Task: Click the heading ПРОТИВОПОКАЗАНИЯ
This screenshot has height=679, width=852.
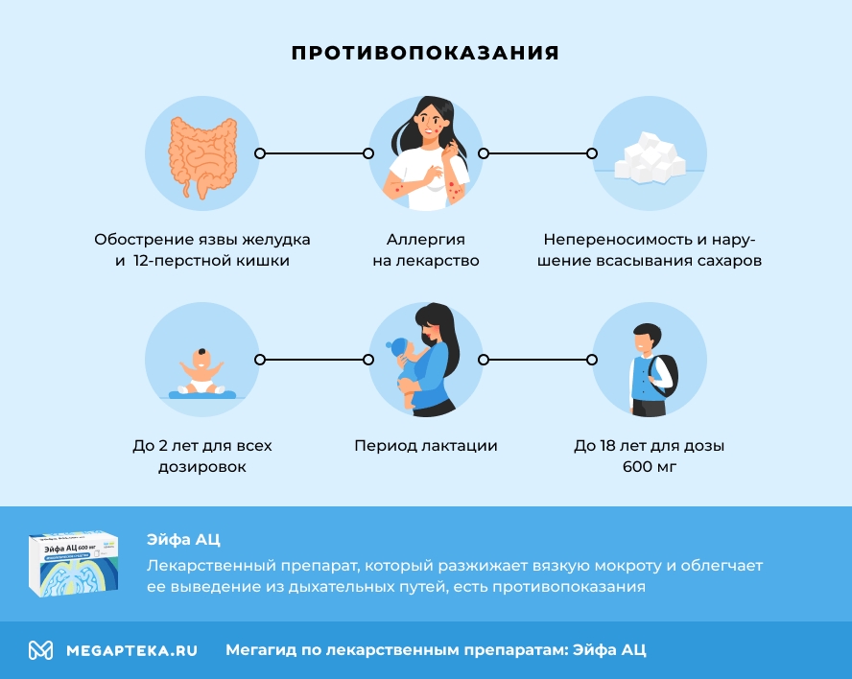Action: click(425, 53)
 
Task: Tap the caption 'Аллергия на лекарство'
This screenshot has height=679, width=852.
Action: click(425, 249)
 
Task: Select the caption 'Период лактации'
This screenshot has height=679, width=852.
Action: click(425, 446)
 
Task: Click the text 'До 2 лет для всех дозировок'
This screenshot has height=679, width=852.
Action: click(201, 457)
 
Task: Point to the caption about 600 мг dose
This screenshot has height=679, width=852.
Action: click(649, 457)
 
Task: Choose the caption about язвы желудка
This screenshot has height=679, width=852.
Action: click(201, 249)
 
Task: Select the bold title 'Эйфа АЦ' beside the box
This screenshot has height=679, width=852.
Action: click(183, 540)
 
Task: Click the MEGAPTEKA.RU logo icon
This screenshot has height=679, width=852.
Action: click(40, 650)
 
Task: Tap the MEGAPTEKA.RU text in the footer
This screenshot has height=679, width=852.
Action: click(131, 650)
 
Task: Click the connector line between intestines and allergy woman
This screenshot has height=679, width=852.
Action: click(314, 153)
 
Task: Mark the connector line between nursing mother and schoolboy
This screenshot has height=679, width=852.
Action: click(537, 360)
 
